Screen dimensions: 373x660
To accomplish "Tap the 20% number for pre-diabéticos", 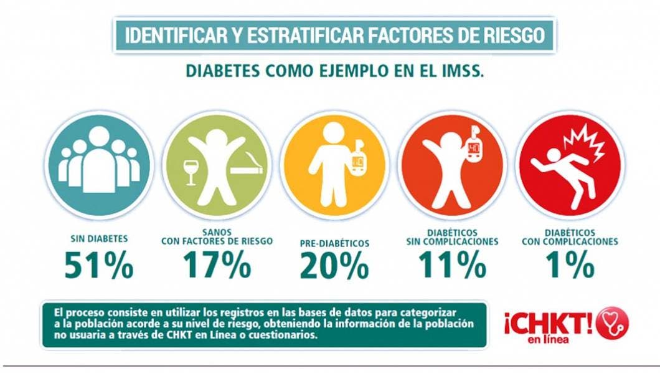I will click(x=334, y=265).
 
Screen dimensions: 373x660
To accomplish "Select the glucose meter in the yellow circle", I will click(x=359, y=164).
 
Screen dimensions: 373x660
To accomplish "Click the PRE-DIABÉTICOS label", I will click(x=334, y=243).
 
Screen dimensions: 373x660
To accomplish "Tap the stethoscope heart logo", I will click(x=612, y=323).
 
